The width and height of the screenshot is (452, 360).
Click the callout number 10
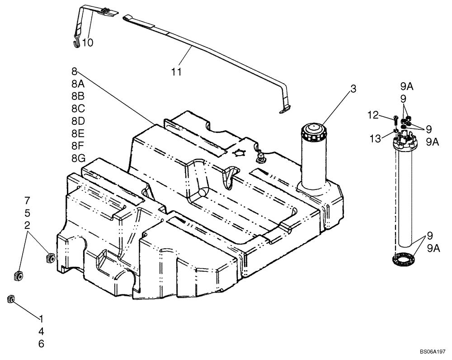pyautogui.click(x=88, y=43)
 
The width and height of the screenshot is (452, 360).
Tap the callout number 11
pyautogui.click(x=176, y=72)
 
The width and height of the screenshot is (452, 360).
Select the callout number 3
pyautogui.click(x=353, y=89)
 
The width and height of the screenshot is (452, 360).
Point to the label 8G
pyautogui.click(x=78, y=158)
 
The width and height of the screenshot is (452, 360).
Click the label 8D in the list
pyautogui.click(x=78, y=121)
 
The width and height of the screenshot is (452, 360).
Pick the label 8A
pyautogui.click(x=78, y=84)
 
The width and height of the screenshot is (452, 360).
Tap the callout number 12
pyautogui.click(x=372, y=116)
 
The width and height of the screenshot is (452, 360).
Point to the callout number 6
pyautogui.click(x=41, y=344)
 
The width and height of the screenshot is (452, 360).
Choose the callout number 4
pyautogui.click(x=41, y=331)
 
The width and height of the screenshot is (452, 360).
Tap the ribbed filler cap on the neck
pyautogui.click(x=313, y=131)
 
